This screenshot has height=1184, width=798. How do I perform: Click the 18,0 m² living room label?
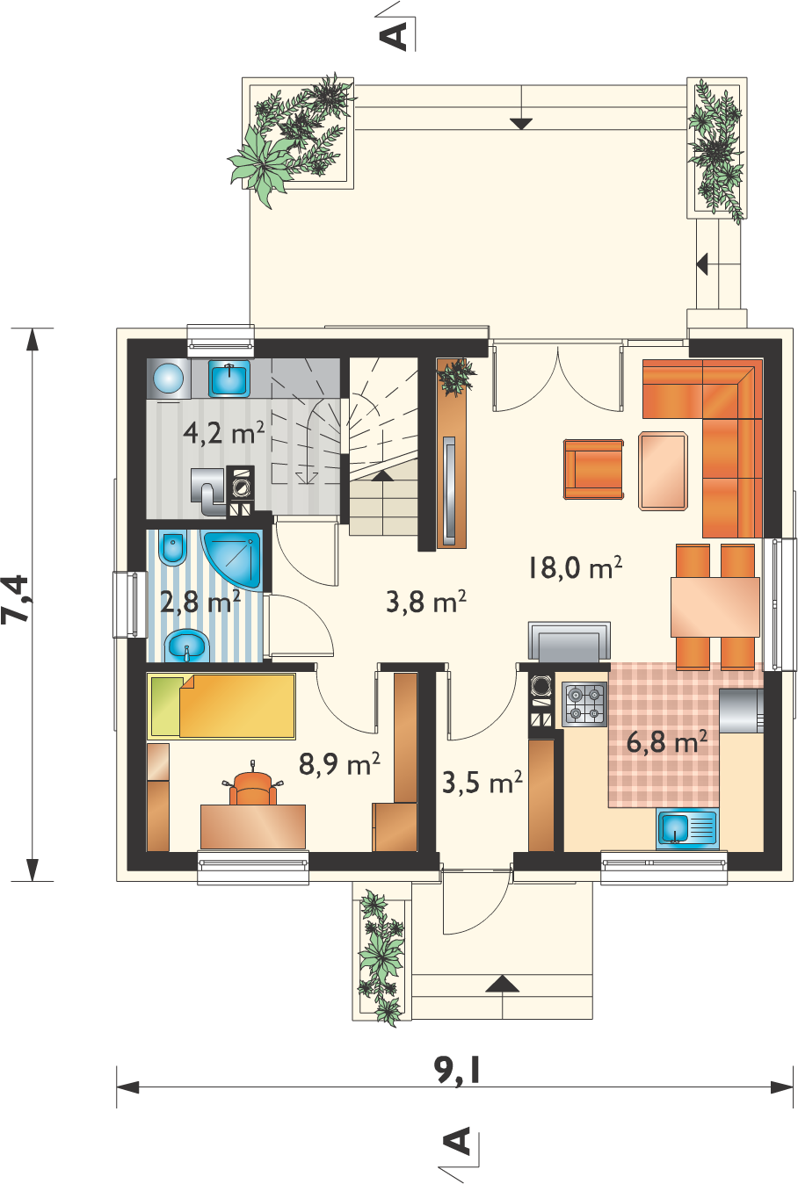tap(574, 568)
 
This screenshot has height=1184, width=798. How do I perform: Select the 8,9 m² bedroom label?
tap(339, 763)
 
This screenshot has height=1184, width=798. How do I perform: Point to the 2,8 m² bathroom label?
tap(199, 602)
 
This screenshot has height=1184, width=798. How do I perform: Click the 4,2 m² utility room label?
tap(223, 433)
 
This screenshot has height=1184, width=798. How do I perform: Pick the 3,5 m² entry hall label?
tap(482, 783)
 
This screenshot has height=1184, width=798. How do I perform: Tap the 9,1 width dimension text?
tap(457, 1070)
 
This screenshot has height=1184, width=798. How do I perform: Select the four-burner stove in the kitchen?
tap(584, 704)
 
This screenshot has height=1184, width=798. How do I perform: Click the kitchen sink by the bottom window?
tap(686, 828)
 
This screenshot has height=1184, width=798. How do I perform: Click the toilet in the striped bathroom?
tap(173, 549)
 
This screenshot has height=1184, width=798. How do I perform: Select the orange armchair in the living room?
tap(593, 469)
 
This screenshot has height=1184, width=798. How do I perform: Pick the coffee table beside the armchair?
tap(664, 471)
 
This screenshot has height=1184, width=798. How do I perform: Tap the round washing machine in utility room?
tap(169, 379)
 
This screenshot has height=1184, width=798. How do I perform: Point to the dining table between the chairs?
tap(715, 607)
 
